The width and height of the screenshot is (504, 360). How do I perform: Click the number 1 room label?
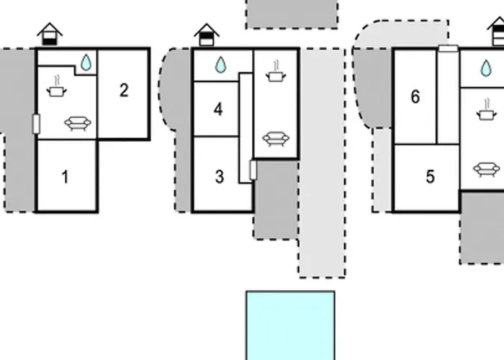[66, 177]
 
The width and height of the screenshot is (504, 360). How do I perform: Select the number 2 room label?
[124, 90]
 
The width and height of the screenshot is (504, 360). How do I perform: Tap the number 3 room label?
[220, 177]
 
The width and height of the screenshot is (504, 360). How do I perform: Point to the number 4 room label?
[218, 109]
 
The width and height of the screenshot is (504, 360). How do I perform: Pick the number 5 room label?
[431, 176]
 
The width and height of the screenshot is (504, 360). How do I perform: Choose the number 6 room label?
[415, 96]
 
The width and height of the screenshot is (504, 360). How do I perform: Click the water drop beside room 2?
[86, 63]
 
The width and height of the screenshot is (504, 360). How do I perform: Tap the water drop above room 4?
[220, 65]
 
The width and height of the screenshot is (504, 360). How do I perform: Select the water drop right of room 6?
[486, 68]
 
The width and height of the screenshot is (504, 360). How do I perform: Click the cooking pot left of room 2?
[57, 87]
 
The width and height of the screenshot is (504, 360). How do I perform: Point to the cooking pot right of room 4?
[276, 72]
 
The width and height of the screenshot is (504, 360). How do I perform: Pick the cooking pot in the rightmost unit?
[487, 110]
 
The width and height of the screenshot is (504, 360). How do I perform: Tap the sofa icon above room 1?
[78, 124]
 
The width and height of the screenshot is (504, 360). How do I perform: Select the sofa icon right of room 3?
[276, 139]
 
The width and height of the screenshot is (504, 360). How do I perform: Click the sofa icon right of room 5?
[487, 170]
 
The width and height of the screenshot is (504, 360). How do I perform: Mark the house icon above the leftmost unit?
[50, 34]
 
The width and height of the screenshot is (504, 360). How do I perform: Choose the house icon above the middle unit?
[207, 35]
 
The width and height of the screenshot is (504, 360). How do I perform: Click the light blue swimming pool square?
[291, 325]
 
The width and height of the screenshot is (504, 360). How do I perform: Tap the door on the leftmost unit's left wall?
[36, 124]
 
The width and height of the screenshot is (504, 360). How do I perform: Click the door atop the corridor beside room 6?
[449, 48]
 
